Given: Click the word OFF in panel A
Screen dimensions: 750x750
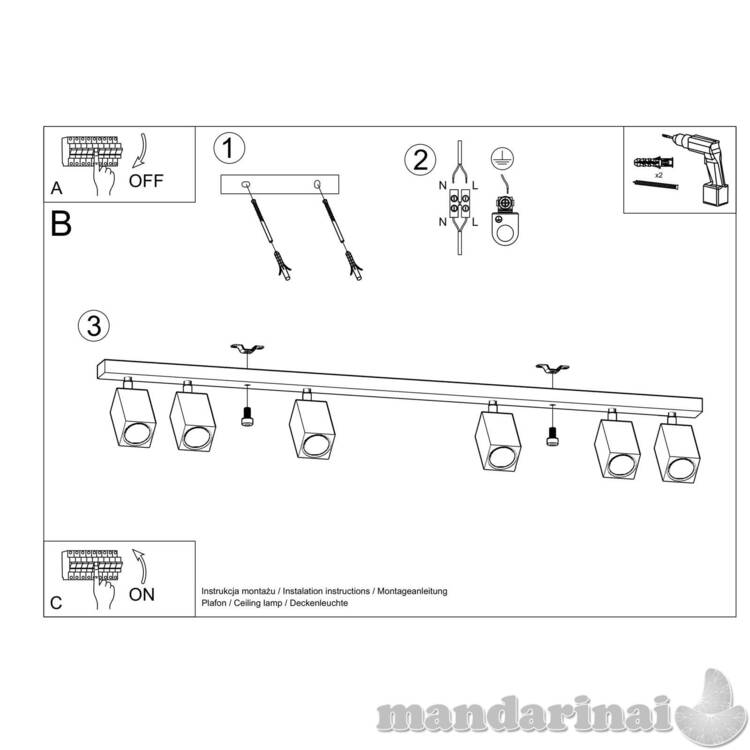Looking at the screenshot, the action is pos(146,181).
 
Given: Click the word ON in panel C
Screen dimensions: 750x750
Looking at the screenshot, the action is pos(142,595).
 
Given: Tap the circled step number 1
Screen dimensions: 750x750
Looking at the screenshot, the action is pos(229,148).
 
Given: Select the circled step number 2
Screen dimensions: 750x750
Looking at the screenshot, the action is pos(420,160).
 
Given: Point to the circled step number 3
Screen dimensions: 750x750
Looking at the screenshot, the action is pos(94,326).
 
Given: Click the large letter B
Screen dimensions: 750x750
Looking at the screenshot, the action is pos(61,224).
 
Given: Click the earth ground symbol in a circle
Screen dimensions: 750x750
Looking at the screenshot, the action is pos(502,158).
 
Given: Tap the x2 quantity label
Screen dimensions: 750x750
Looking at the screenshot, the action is pos(659,175).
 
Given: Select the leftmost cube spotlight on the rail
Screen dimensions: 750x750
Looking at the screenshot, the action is pos(132,414).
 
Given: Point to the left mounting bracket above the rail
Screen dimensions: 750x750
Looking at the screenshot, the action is pos(247,348).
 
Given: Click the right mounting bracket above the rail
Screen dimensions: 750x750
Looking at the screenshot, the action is pos(552,368).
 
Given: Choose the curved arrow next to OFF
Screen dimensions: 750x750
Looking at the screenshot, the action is pos(140,151).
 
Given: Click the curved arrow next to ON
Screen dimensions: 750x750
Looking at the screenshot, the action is pos(140,566).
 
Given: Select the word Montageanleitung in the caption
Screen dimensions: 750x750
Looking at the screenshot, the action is pos(412,591).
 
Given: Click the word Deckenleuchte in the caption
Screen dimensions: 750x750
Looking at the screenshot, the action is pos(319,603).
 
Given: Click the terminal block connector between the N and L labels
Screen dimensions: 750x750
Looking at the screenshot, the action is pos(459,203).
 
